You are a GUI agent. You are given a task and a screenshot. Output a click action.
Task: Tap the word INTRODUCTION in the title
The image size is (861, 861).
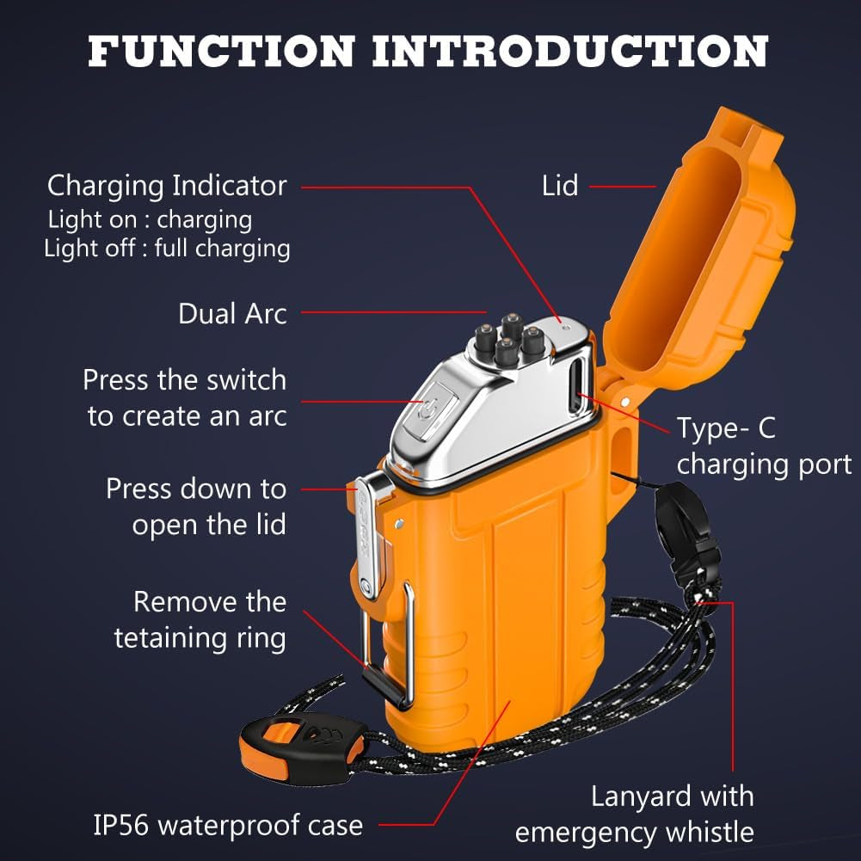pyautogui.click(x=569, y=51)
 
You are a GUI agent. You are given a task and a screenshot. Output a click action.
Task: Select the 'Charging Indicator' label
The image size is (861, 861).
pyautogui.click(x=167, y=185)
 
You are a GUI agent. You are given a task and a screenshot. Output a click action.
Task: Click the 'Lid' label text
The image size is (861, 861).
pyautogui.click(x=560, y=185)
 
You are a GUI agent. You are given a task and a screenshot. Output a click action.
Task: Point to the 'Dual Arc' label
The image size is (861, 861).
pyautogui.click(x=232, y=314)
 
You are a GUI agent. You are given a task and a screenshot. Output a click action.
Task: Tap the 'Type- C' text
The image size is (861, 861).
pyautogui.click(x=726, y=427)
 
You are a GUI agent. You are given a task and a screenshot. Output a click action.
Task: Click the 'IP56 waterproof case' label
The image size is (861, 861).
pyautogui.click(x=228, y=826)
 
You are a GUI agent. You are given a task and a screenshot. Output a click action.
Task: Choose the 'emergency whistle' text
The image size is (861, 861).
pyautogui.click(x=635, y=832)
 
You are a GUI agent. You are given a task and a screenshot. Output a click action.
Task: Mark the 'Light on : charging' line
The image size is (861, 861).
pyautogui.click(x=150, y=219)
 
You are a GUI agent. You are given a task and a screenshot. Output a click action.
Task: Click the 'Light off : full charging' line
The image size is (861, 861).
pyautogui.click(x=167, y=249)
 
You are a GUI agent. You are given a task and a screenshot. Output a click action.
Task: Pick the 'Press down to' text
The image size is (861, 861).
pyautogui.click(x=196, y=489)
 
